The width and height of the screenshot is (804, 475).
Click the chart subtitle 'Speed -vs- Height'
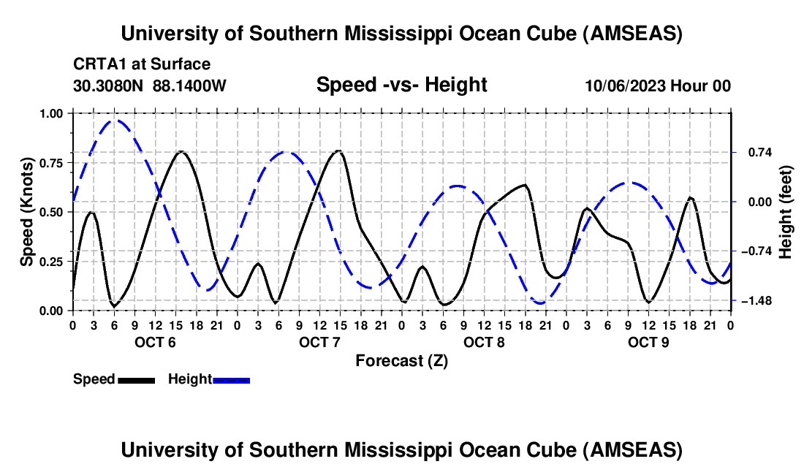pos(401,85)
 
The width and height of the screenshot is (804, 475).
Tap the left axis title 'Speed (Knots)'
pos(27,212)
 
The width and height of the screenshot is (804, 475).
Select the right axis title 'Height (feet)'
pos(786,213)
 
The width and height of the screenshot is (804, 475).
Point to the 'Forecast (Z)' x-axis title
pos(401,360)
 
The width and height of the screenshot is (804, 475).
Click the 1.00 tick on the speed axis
pos(53,113)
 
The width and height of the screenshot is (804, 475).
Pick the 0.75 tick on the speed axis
pos(53,163)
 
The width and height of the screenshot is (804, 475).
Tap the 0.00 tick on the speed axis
pos(53,311)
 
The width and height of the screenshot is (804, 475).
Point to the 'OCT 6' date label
pos(155,342)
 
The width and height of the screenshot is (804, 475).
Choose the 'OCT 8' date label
pos(484,342)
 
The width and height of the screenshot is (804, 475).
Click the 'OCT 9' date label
pos(648,342)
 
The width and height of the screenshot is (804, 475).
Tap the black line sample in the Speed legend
pos(136,379)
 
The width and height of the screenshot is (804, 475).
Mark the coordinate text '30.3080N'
pos(109,85)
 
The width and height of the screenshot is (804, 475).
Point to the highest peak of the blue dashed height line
pos(115,121)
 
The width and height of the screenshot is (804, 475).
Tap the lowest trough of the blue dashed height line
pos(540,303)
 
